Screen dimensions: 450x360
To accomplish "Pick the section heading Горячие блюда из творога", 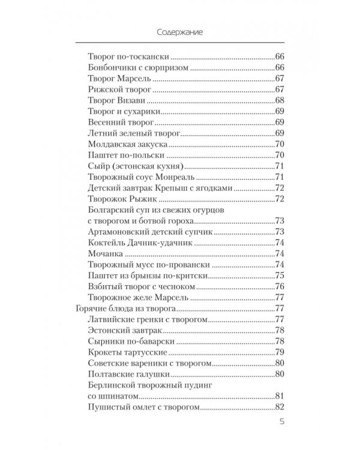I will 124,309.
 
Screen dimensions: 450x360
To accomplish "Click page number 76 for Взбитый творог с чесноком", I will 279,287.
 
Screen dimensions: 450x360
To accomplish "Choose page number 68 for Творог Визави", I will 279,100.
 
